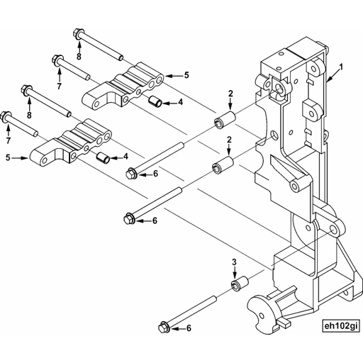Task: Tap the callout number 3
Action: pyautogui.click(x=235, y=263)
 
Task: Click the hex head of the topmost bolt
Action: pyautogui.click(x=79, y=33)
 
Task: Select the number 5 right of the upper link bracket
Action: pyautogui.click(x=186, y=74)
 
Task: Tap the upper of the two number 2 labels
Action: pyautogui.click(x=230, y=94)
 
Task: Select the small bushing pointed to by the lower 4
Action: pyautogui.click(x=104, y=155)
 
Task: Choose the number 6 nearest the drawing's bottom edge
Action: pyautogui.click(x=189, y=329)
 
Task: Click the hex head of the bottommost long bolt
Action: pyautogui.click(x=163, y=328)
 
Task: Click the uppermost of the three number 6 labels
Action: pyautogui.click(x=155, y=173)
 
